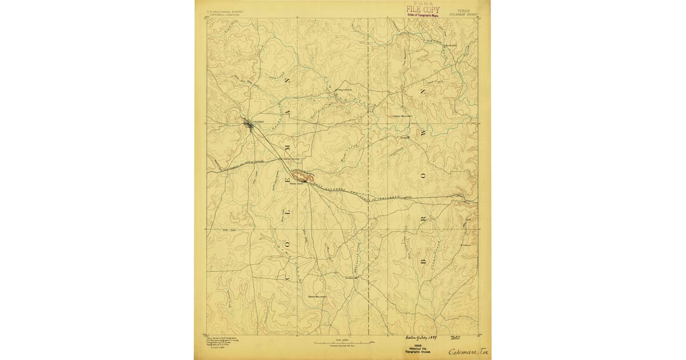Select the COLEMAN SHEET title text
pyautogui.click(x=462, y=14)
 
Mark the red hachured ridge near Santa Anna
pyautogui.click(x=301, y=175)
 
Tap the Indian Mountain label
pyautogui.click(x=403, y=115)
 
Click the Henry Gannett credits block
pyautogui.click(x=221, y=343)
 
